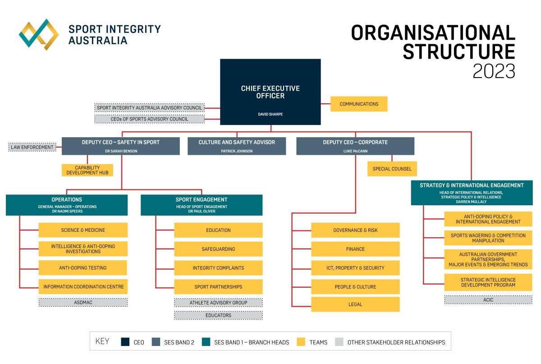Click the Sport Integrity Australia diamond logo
click(x=39, y=34)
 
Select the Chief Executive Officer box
click(x=270, y=92)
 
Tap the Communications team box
click(x=359, y=104)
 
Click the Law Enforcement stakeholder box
click(x=32, y=147)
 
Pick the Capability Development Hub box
click(x=87, y=170)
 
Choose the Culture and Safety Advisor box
click(x=237, y=146)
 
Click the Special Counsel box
click(x=392, y=169)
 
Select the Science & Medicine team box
click(x=83, y=230)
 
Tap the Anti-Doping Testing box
click(x=83, y=267)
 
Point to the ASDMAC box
click(x=83, y=302)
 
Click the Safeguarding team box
click(x=218, y=249)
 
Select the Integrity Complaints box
click(x=218, y=268)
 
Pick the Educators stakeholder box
click(x=218, y=315)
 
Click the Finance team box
click(x=355, y=249)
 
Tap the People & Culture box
click(x=355, y=287)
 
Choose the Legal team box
click(x=355, y=304)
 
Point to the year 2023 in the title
click(x=494, y=71)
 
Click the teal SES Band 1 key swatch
click(x=206, y=342)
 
